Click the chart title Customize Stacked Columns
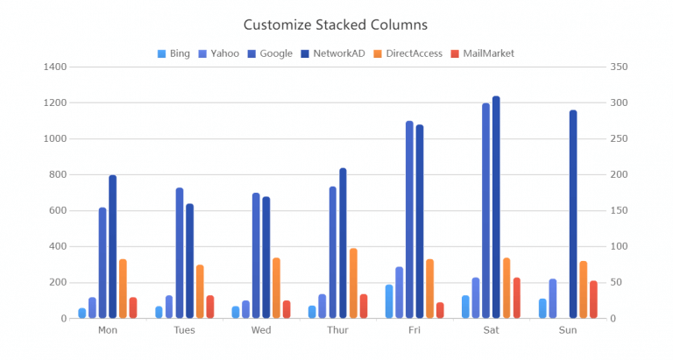coord(336,25)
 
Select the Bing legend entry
coord(174,53)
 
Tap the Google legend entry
coord(269,53)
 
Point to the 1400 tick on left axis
coord(54,67)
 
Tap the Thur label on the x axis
coord(337,331)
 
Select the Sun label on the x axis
coord(568,331)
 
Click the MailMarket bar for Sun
coord(593,300)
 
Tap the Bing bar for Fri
coord(389,301)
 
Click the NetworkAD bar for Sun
coord(573,215)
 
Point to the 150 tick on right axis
coord(617,211)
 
